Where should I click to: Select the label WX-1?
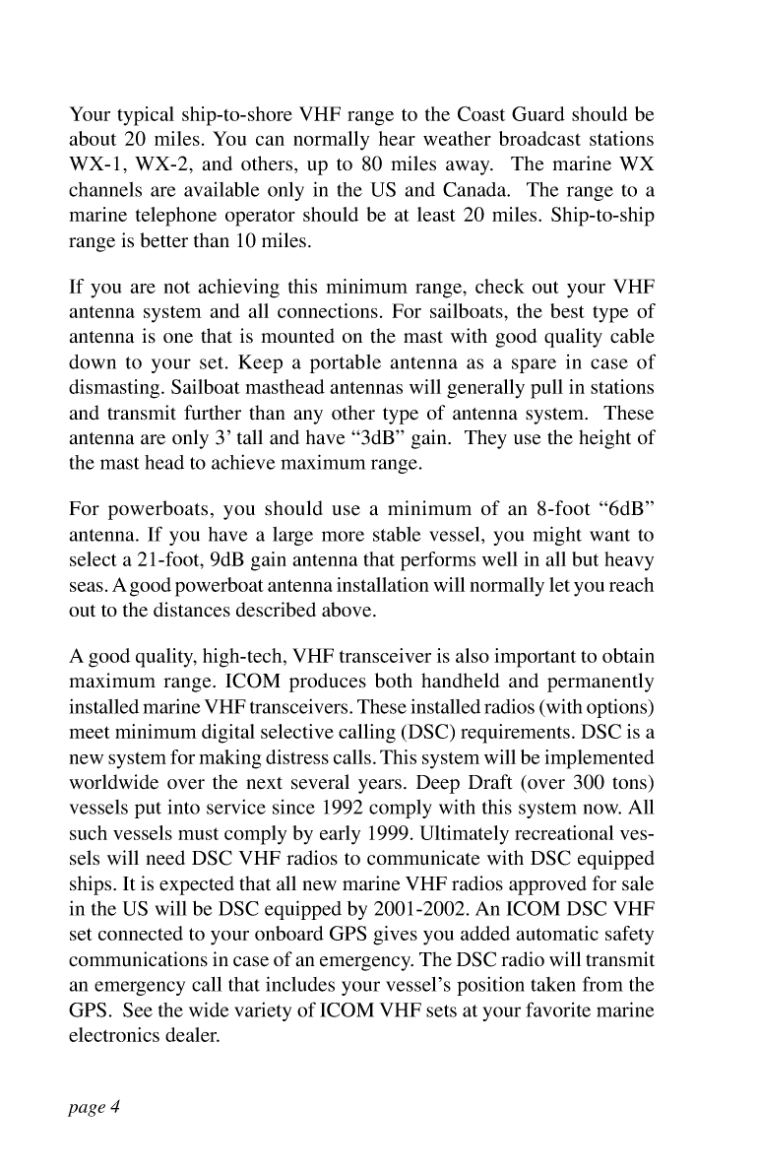tap(95, 160)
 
